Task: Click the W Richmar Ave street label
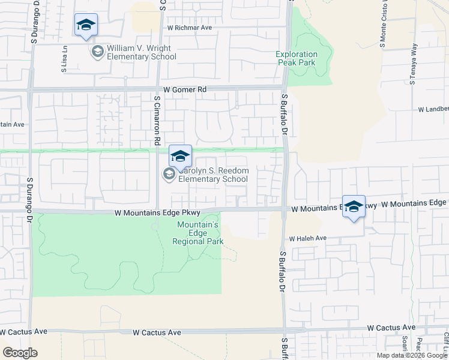pos(190,28)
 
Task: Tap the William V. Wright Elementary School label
pos(142,53)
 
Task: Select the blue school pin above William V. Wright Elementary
pos(86,25)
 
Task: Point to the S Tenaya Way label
pos(413,64)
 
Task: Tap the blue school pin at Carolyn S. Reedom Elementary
pos(179,157)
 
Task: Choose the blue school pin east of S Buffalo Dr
pos(354,207)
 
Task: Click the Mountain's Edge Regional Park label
pos(197,233)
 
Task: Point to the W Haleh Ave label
pos(307,238)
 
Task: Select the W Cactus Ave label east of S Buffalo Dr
pos(391,328)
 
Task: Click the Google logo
pos(20,353)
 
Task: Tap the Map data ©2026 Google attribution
pos(412,355)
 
